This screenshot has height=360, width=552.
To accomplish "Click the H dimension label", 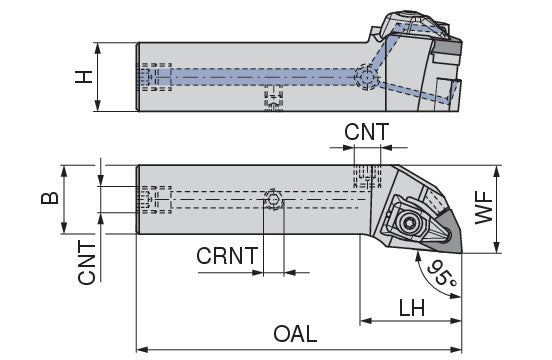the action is click(84, 77).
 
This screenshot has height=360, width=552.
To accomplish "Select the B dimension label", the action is click(50, 198).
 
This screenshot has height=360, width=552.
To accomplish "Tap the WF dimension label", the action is click(484, 208).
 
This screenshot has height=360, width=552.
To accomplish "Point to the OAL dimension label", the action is click(295, 334).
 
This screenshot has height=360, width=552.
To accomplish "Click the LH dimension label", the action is click(412, 308).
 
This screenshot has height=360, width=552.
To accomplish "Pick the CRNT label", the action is click(227, 256).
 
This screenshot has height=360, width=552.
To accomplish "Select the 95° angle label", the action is click(442, 274).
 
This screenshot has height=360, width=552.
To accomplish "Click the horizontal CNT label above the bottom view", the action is click(366, 132).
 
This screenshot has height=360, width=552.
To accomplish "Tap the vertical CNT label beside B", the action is click(87, 262).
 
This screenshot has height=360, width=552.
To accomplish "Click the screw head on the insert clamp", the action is click(410, 222).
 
